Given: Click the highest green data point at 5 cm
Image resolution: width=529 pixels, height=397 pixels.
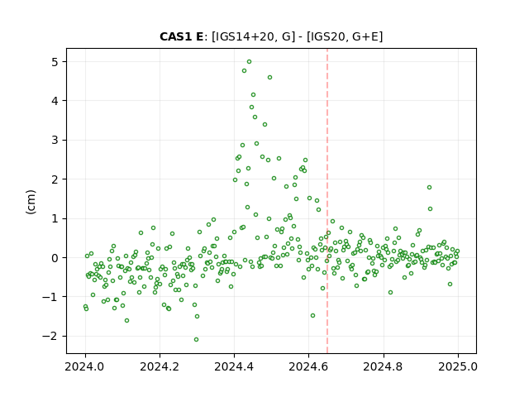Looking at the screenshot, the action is point(249,62).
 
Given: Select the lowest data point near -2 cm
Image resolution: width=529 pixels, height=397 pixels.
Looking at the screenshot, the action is point(196,340).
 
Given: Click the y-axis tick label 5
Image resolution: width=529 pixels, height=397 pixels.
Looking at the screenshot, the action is point(55,62).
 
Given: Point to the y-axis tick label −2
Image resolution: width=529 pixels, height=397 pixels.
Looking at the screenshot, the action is point(50,337).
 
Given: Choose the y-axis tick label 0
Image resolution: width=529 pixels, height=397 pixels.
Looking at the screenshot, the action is point(55,258).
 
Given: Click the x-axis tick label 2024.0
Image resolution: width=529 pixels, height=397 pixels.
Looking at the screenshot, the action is point(85,366).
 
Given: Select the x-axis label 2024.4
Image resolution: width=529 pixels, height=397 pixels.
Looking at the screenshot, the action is point(234,366).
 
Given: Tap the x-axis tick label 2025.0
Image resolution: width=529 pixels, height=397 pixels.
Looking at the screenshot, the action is point(458,366).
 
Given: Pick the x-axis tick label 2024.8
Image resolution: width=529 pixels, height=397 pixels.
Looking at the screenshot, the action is point(384,366).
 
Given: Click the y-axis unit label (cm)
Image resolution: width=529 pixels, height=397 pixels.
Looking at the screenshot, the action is point(31,202).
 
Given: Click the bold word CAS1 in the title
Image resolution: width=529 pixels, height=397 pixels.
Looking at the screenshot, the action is point(176,36).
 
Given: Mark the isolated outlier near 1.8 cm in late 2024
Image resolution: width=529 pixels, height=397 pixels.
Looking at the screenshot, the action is point(429,188).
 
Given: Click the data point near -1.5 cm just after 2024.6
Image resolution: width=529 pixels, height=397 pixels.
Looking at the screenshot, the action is point(312,316).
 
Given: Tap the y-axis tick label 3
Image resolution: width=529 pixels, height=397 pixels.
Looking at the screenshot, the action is point(55,140).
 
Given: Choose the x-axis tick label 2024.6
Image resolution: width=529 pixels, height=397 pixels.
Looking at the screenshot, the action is point(308,366).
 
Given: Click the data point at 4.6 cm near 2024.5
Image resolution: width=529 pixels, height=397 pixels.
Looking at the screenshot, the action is point(269,77).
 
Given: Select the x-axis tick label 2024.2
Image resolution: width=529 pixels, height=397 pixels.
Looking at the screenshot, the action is point(160,366).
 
